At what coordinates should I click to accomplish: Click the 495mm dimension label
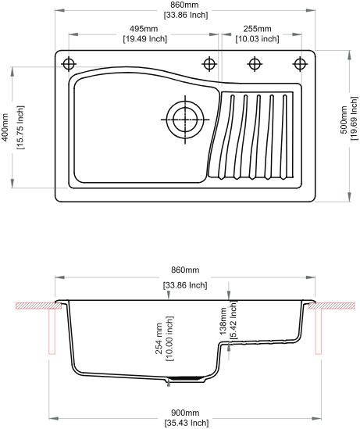144,29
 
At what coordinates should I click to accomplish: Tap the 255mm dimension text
257,29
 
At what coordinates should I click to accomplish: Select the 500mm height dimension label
344,120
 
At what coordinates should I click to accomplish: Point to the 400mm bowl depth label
5,127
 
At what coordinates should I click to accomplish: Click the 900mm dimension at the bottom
185,413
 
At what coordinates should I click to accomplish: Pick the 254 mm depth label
159,338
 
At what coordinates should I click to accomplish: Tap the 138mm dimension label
223,321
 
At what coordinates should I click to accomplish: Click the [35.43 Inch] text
187,423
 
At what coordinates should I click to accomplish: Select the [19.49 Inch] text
145,39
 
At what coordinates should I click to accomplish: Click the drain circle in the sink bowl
185,120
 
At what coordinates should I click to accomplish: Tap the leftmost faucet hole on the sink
69,64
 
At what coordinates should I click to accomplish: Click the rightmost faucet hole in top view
300,64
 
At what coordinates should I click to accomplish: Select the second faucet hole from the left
209,64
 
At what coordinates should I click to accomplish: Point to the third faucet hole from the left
255,64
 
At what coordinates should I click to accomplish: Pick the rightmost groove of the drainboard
283,137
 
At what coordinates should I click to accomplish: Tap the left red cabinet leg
52,331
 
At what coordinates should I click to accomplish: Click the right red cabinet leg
318,331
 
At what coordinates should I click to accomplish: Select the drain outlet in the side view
185,379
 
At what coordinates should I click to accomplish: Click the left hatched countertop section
38,306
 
